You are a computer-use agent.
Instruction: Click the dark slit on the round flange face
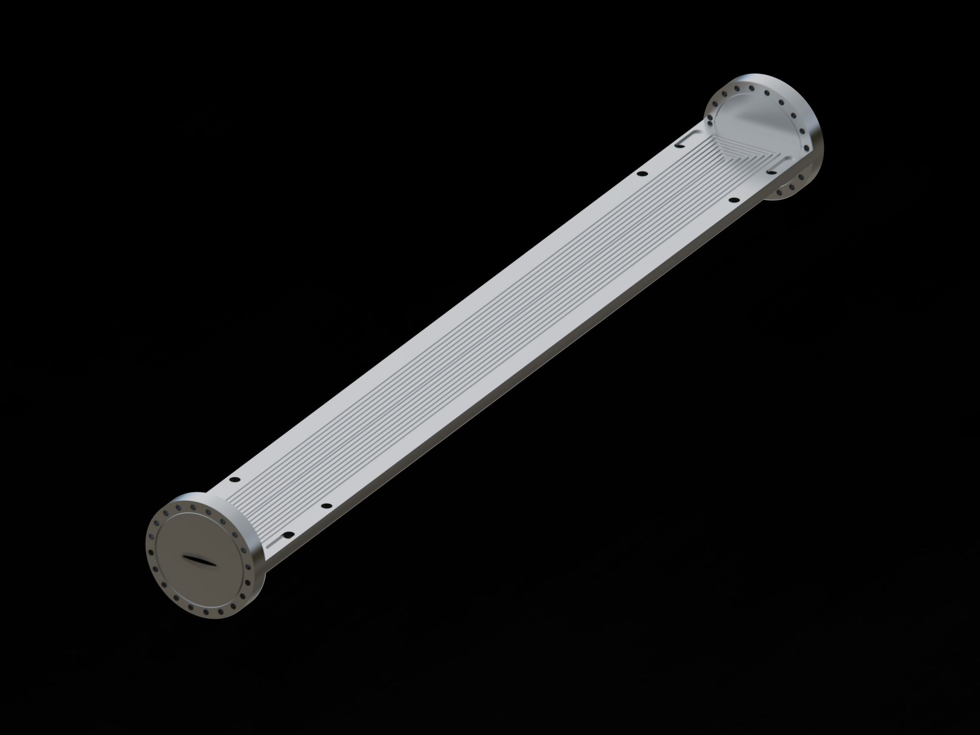click(199, 560)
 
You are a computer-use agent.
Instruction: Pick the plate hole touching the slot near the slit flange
click(287, 535)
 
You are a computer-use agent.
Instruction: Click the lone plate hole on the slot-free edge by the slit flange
click(235, 480)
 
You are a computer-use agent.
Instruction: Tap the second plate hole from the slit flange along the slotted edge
click(327, 506)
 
